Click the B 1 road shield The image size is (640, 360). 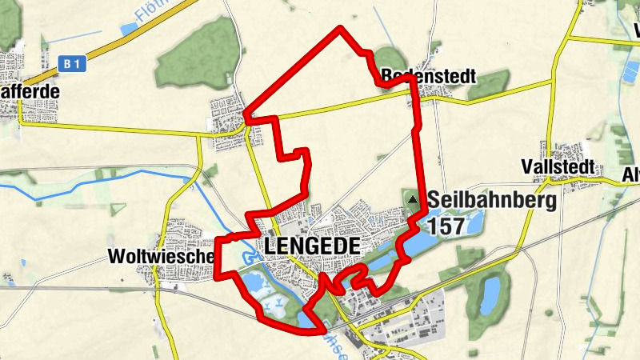pyautogui.click(x=71, y=61)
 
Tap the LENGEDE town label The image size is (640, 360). pyautogui.click(x=309, y=246)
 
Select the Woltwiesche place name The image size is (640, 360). pyautogui.click(x=159, y=257)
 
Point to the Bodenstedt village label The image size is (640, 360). pyautogui.click(x=430, y=77)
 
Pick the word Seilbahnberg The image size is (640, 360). pyautogui.click(x=492, y=200)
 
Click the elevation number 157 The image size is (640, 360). pyautogui.click(x=446, y=226)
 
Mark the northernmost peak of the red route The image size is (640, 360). pyautogui.click(x=342, y=28)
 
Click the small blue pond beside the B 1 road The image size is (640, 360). pyautogui.click(x=128, y=30)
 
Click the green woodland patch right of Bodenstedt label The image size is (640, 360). pyautogui.click(x=490, y=82)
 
